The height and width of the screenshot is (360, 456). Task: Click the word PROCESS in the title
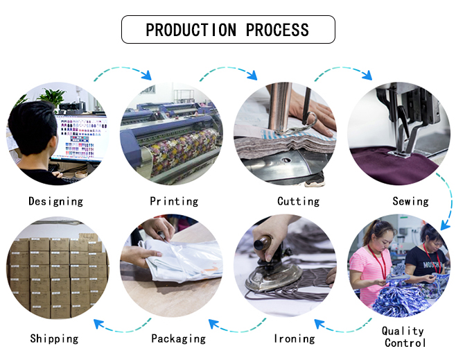(x=277, y=30)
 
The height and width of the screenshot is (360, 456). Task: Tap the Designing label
(x=55, y=201)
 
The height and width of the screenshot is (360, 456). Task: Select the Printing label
(x=174, y=201)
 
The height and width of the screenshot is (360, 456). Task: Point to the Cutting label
(x=298, y=201)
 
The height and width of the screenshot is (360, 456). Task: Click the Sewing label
(x=410, y=201)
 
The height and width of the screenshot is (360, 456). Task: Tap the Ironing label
(x=295, y=338)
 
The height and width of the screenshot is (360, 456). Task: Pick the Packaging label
(x=178, y=338)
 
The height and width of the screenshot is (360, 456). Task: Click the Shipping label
(x=54, y=338)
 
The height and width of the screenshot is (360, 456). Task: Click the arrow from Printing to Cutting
(x=229, y=71)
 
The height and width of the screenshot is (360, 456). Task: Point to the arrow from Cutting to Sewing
(x=342, y=71)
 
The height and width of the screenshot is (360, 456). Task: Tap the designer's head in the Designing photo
(x=31, y=128)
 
